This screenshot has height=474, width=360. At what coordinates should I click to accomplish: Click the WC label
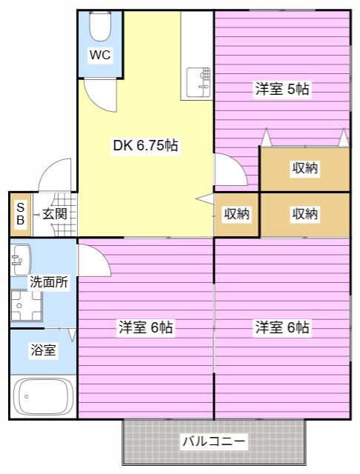coord(100,54)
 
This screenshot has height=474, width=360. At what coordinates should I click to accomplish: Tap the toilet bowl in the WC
coord(99,27)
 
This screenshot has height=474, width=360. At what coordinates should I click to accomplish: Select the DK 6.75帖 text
coord(145,145)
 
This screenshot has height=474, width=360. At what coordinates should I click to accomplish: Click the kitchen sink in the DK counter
coord(198,82)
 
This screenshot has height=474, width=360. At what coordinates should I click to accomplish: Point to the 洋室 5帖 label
coord(282,90)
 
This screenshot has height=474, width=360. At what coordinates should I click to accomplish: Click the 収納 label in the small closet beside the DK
coord(237,214)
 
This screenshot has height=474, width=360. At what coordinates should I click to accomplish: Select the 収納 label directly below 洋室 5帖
coord(304,168)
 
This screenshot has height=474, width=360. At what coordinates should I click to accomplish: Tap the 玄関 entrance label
coord(54,214)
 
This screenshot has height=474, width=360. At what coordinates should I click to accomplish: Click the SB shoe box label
coord(20,214)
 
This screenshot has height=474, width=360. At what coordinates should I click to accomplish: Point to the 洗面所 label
coord(49,282)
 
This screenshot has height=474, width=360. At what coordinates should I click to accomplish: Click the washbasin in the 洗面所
coord(19,260)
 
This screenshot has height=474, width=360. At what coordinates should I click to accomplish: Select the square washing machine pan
coord(26,307)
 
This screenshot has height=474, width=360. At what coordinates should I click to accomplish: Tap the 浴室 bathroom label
coord(43,350)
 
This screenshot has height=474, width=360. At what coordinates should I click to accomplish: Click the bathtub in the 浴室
coord(44,397)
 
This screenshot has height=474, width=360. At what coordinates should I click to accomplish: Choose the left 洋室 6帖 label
coord(145,327)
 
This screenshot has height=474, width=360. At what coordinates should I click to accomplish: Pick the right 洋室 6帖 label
coord(282,327)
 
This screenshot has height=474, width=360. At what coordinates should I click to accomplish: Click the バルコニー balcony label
coord(213,442)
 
